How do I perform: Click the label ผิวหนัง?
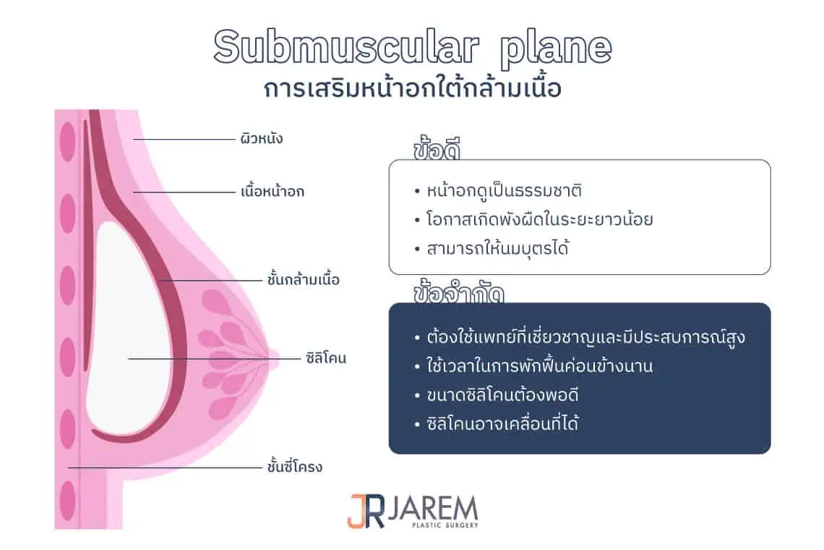tap(261, 138)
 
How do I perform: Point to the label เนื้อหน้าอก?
tap(272, 192)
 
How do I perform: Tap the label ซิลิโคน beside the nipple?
tap(326, 357)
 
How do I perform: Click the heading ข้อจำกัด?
tap(458, 294)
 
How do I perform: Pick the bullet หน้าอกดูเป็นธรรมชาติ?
tap(499, 192)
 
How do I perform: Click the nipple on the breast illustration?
tap(272, 356)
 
